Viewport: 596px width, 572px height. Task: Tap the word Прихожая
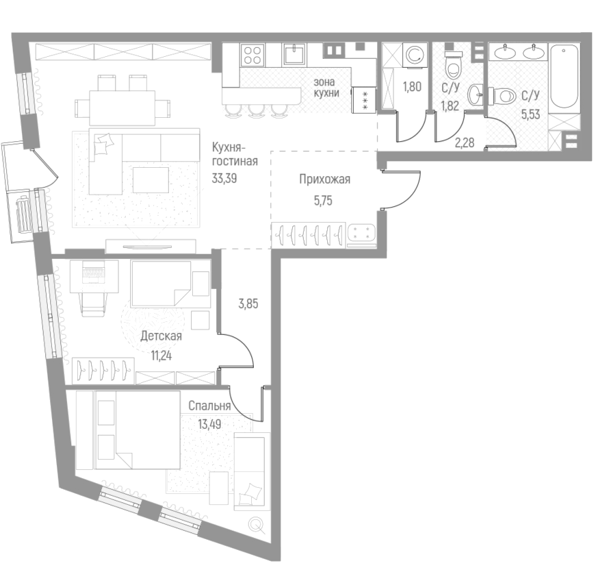pos(324,179)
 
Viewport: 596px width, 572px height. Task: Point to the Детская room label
pos(161,336)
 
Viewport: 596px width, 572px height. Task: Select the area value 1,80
pos(412,87)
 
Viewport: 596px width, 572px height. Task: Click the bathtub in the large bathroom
pos(565,76)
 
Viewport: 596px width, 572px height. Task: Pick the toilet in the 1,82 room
pos(453,66)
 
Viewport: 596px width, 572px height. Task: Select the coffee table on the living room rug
pos(151,179)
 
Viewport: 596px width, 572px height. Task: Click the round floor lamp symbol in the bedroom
pos(257,525)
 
